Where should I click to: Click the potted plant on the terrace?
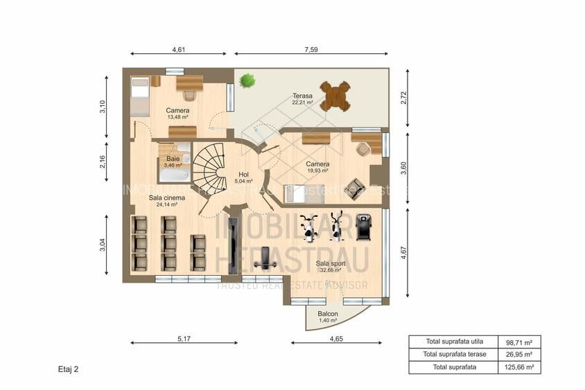[x=247, y=81]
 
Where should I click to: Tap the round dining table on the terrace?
[x=335, y=96]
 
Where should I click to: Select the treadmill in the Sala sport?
[x=364, y=227]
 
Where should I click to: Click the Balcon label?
[x=328, y=314]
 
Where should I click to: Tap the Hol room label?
[x=243, y=175]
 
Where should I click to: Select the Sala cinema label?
[x=167, y=197]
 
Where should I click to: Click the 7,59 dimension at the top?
[x=311, y=49]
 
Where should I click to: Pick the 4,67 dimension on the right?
[x=404, y=252]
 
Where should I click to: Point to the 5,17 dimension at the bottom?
[x=184, y=338]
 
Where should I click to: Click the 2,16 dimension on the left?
[x=103, y=161]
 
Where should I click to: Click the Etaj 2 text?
[x=68, y=369]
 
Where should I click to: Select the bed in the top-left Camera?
[x=139, y=96]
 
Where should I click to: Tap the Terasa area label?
[x=302, y=96]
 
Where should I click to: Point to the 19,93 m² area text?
[x=317, y=171]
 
